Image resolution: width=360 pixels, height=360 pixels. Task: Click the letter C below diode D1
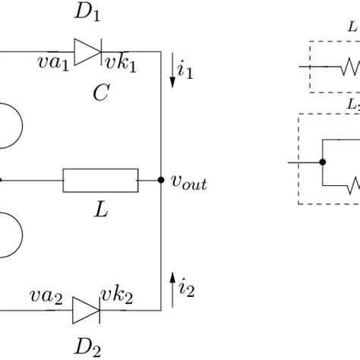click(x=100, y=94)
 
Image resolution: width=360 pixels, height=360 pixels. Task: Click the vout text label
click(x=188, y=183)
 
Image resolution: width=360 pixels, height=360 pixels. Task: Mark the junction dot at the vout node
click(x=161, y=180)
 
